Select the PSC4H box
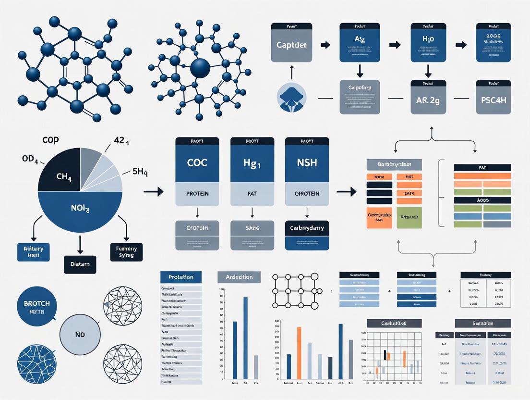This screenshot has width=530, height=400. [x=493, y=100]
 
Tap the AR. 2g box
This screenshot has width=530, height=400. [x=428, y=100]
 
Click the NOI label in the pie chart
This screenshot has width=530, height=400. [x=80, y=209]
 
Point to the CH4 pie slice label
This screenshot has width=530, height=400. [x=63, y=176]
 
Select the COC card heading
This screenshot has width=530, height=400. [x=197, y=163]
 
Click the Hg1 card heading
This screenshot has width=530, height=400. [x=252, y=163]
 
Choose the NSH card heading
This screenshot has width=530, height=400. [x=307, y=163]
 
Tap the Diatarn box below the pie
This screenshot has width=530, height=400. [x=80, y=264]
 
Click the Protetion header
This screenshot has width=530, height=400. [x=181, y=277]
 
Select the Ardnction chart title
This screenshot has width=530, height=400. [x=239, y=277]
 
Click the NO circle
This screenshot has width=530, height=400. [x=80, y=334]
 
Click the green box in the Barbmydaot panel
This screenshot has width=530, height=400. [x=409, y=217]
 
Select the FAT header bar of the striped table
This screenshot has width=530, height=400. [x=482, y=168]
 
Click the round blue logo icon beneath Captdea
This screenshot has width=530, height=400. [x=291, y=98]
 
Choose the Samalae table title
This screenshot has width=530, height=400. [x=482, y=323]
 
